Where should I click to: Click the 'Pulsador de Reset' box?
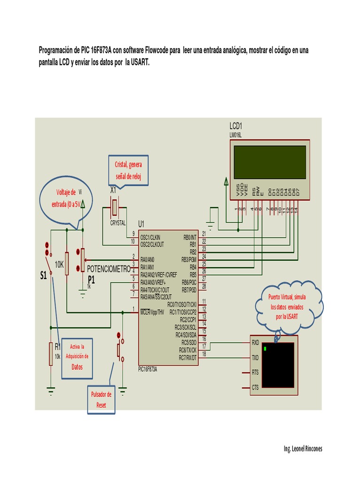[101, 399]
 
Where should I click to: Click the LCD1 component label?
[235, 126]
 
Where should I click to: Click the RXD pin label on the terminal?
[255, 342]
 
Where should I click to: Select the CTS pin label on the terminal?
[255, 388]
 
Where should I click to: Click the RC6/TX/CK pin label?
[187, 350]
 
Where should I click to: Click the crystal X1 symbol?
[116, 206]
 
